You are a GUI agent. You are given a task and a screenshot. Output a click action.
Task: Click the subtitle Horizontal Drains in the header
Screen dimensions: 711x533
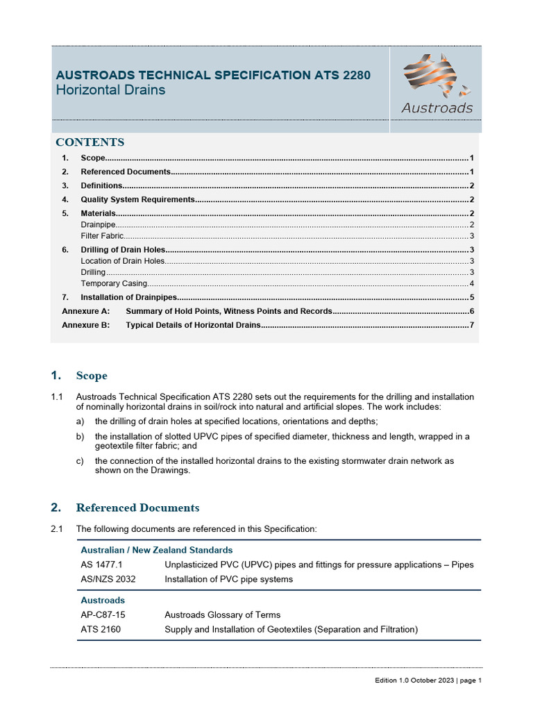coord(110,90)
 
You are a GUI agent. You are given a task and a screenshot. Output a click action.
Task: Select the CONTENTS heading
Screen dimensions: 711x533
coord(90,142)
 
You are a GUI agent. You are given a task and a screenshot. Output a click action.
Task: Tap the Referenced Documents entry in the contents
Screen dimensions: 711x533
coord(125,172)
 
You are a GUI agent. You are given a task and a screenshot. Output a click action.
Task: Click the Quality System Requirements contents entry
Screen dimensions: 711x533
coord(137,199)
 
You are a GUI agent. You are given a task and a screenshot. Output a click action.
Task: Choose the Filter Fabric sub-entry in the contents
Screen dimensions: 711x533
coord(102,236)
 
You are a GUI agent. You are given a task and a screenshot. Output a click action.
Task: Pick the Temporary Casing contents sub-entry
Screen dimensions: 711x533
coord(114,283)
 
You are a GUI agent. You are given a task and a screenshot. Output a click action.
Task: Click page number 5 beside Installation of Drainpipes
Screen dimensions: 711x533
coord(471,297)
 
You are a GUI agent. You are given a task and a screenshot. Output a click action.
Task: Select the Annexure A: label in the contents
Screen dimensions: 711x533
coord(85,311)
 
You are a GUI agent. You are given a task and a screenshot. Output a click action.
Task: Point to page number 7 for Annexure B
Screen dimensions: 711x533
coord(471,325)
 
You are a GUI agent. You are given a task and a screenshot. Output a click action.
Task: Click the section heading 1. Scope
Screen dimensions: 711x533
coord(79,376)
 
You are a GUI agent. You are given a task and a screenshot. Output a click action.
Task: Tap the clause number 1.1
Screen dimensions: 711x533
coord(57,397)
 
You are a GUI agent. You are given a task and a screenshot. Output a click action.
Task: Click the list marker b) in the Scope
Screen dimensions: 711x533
coord(81,437)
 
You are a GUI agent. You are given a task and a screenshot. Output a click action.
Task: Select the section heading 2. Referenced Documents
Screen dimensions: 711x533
coord(125,508)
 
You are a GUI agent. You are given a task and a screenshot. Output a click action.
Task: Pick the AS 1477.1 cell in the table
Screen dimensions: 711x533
coord(101,564)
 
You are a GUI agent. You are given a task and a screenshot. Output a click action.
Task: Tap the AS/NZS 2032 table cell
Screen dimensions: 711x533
coord(106,579)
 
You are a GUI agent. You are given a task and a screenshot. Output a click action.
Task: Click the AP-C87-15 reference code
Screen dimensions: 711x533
coord(103,614)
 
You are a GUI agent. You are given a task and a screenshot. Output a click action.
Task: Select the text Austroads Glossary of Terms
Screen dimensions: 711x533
coord(222,614)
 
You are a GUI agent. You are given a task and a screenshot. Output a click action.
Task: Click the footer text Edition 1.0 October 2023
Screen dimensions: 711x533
coord(412,680)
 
